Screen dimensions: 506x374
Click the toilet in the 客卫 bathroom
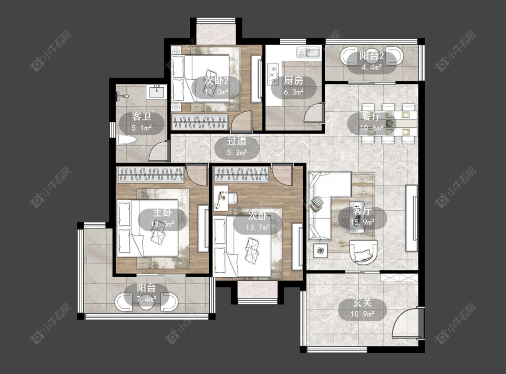pos(126,140)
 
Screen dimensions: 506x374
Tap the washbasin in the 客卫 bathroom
pos(157,91)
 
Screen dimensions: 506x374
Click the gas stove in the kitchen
pos(273,74)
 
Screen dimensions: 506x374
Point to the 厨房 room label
pos(293,81)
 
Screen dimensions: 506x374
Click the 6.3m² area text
pos(293,92)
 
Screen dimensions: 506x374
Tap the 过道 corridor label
pos(237,141)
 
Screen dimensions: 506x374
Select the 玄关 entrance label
pos(363,303)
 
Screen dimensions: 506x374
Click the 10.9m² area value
pos(363,314)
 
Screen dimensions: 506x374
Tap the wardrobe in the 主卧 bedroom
pos(150,175)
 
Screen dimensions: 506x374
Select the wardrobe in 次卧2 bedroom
pos(200,122)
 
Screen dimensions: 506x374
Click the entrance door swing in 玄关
pos(407,323)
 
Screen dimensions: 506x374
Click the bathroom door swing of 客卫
pos(159,151)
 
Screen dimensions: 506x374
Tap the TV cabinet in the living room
pos(412,218)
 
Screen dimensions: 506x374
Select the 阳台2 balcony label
pos(372,56)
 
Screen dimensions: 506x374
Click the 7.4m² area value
pos(146,299)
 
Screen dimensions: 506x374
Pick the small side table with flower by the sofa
pos(320,250)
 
